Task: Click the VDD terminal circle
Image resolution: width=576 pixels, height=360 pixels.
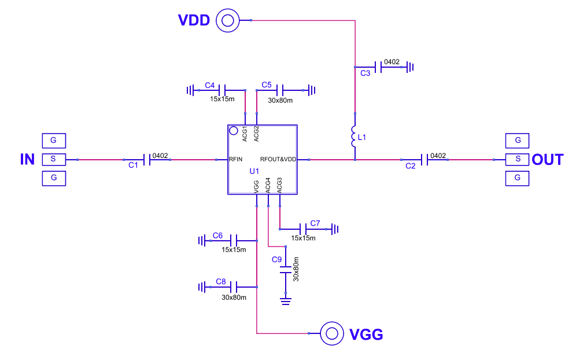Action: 227,21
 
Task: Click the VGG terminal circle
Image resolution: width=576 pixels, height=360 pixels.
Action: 332,333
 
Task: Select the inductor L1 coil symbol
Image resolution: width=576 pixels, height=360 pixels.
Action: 354,137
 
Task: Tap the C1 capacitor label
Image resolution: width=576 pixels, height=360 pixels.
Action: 133,166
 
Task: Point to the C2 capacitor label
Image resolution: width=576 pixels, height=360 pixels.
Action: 411,166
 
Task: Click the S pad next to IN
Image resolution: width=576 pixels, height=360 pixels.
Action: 54,159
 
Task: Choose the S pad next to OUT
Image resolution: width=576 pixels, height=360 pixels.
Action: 518,159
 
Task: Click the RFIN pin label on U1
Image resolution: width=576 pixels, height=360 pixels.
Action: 236,159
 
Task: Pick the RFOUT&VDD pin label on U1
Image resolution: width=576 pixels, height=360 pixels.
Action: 278,159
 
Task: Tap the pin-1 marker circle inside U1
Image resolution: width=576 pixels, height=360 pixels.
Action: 234,131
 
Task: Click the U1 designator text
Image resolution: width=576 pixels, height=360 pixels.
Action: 254,171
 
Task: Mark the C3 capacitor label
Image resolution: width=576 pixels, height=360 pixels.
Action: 365,74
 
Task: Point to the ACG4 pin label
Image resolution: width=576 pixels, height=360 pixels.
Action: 268,186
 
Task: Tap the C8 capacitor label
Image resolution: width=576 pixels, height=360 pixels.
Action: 221,281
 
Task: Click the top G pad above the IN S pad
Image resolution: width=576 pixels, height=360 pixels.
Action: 54,140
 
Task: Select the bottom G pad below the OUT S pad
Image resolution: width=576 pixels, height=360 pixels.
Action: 518,177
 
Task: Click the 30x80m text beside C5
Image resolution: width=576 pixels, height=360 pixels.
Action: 280,100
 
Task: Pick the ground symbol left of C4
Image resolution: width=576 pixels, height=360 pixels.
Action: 190,90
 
